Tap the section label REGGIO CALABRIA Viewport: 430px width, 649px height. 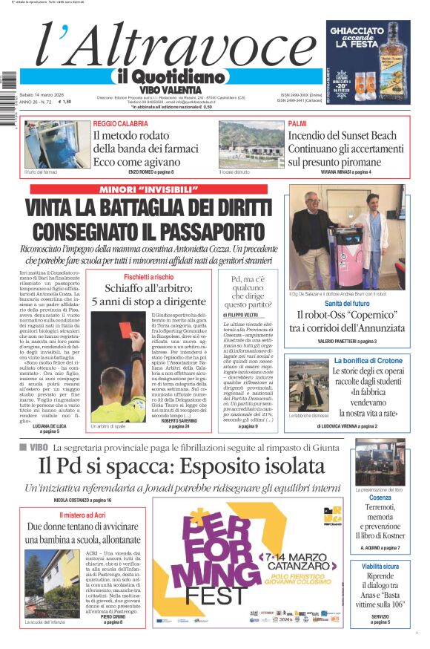tap(120, 123)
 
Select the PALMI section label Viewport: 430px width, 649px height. tap(297, 123)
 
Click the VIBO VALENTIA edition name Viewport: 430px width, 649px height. tap(171, 89)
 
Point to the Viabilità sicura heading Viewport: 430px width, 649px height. tap(380, 566)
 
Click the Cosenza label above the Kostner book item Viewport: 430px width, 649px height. tap(380, 498)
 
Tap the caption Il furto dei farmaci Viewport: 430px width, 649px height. tap(40, 172)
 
